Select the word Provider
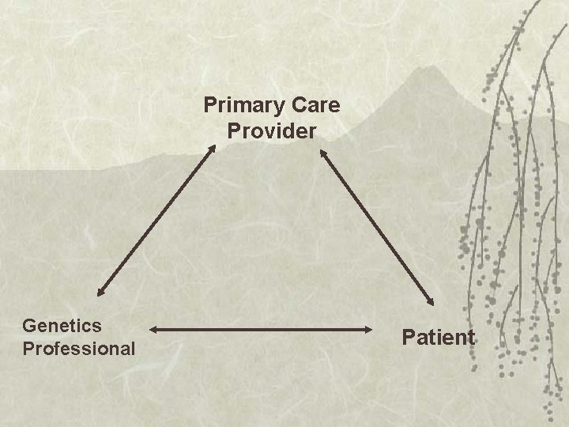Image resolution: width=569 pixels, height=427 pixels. tap(272, 130)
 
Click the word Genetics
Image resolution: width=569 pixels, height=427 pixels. tap(62, 325)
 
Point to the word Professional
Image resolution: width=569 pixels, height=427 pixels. tap(79, 348)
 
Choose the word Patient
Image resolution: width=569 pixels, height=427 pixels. tap(439, 338)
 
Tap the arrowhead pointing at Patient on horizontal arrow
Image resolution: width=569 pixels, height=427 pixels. tap(378, 327)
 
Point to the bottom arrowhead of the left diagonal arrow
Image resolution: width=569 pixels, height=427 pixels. tap(100, 289)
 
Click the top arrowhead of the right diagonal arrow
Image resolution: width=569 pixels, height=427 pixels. tap(322, 153)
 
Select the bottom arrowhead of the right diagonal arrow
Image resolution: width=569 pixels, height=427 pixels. tap(431, 300)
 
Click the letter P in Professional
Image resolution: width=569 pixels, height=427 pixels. tap(29, 348)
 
